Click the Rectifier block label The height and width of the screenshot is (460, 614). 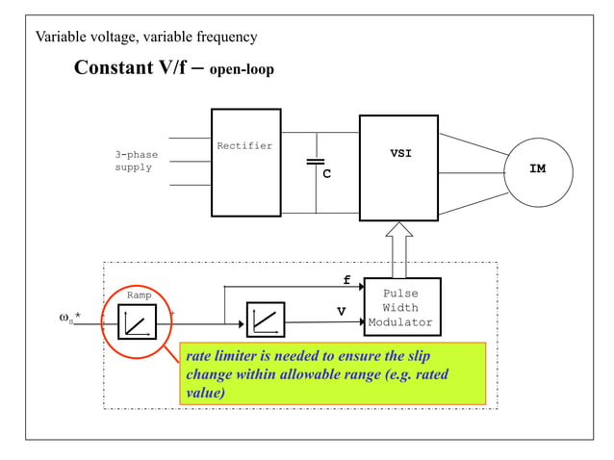244,146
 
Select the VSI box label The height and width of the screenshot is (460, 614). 400,154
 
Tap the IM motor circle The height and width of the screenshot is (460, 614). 538,170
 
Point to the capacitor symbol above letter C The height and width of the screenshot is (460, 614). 316,162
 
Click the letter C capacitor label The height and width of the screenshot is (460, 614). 326,175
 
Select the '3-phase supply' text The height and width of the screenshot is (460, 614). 136,161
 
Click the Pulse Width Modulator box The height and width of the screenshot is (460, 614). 400,308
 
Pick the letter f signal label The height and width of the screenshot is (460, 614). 346,280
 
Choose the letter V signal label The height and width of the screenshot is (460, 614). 341,312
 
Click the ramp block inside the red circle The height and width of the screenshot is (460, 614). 137,321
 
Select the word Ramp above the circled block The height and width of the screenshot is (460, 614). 139,295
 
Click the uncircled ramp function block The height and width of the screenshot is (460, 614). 265,319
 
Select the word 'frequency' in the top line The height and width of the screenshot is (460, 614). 223,38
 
